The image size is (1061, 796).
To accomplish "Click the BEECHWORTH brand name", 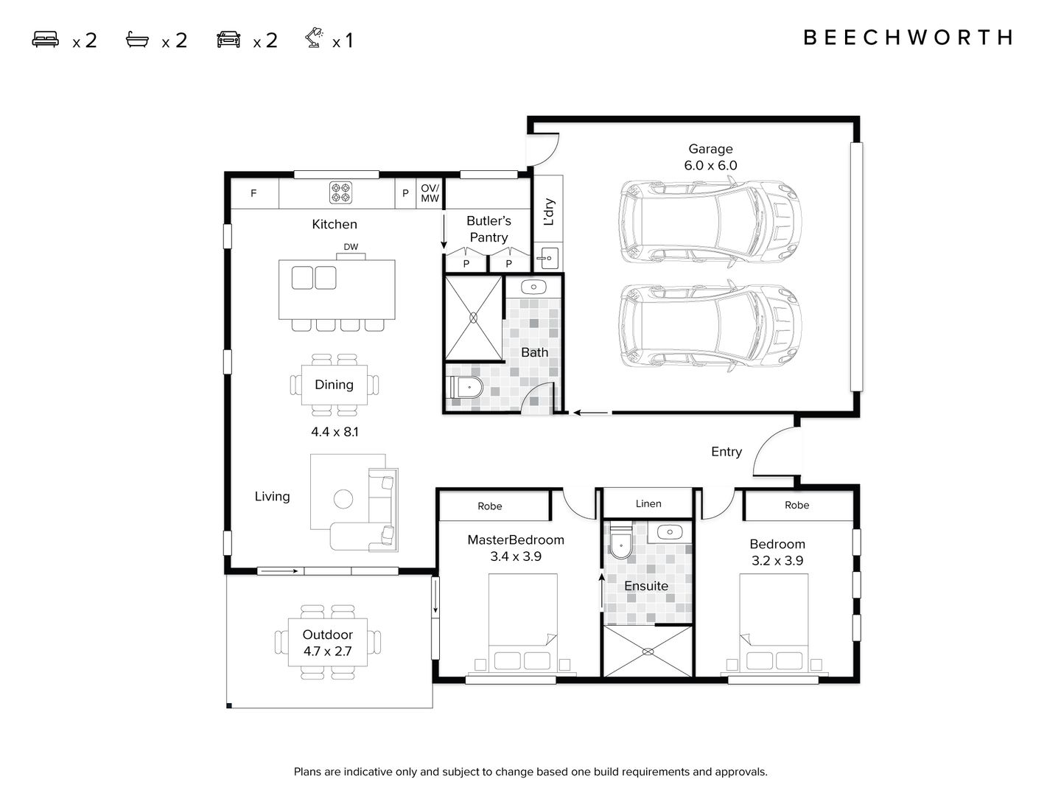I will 908,38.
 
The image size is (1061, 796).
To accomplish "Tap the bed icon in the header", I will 46,39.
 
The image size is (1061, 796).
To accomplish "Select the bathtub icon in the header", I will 137,39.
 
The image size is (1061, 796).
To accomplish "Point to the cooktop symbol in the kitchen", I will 340,192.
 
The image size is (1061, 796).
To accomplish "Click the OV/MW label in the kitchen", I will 430,193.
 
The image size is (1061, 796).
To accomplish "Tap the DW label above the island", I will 351,247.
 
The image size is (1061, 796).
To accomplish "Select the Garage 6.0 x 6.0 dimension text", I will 710,166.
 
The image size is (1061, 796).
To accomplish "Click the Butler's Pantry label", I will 489,228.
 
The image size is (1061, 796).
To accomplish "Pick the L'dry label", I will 548,212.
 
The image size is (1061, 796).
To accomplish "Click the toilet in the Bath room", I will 465,387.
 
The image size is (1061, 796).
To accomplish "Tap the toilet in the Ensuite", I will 620,541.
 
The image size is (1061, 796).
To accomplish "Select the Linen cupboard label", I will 648,503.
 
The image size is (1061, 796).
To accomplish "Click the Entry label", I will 726,452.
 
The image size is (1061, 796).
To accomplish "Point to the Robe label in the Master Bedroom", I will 490,506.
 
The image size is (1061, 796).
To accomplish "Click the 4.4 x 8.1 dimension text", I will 335,432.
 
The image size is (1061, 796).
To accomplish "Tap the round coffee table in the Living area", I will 343,499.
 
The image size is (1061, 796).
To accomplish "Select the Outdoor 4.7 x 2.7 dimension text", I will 327,652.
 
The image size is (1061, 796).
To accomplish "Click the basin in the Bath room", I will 533,286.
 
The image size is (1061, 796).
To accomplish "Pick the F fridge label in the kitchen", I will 253,193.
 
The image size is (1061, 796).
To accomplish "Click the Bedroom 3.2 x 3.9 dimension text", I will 777,560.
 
